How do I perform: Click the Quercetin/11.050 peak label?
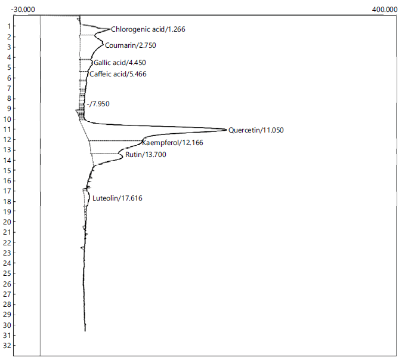[x=256, y=130]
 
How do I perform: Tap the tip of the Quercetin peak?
[x=227, y=130]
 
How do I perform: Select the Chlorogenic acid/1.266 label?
[x=148, y=29]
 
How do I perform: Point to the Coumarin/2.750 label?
[x=131, y=45]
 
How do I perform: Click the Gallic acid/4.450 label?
[x=119, y=63]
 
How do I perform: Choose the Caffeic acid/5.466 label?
[x=118, y=74]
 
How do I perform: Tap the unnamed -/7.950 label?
[x=98, y=104]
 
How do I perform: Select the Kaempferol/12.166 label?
[x=172, y=143]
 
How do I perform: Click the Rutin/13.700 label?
[x=146, y=155]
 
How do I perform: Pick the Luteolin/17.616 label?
[x=118, y=198]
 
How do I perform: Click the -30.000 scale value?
[x=23, y=10]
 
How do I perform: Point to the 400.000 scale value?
[x=385, y=10]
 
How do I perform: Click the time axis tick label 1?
[x=10, y=26]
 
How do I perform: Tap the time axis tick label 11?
[x=7, y=130]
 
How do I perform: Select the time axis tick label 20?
[x=7, y=222]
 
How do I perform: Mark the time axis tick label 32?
[x=7, y=346]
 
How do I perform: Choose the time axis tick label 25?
[x=7, y=273]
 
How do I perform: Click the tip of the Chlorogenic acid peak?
[x=110, y=29]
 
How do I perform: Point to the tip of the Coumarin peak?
[x=103, y=44]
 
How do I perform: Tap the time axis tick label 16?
[x=7, y=181]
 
